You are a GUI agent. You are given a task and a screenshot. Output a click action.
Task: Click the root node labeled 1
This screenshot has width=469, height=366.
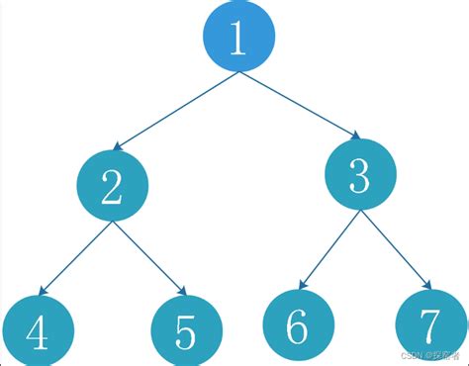237,37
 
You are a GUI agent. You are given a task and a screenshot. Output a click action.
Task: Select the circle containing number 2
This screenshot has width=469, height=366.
112,185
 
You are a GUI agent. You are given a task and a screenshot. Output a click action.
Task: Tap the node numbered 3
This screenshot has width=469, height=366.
360,176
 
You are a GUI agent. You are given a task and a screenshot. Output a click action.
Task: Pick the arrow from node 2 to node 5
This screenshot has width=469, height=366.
149,258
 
